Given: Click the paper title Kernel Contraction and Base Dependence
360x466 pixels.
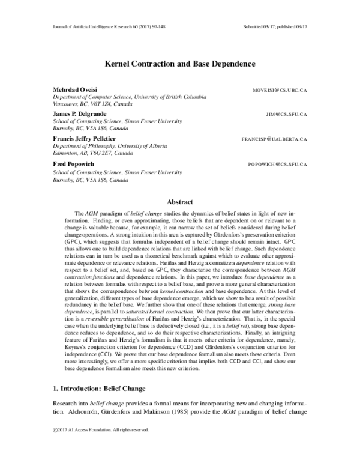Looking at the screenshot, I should point(180,62).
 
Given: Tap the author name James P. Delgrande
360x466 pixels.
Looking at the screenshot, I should point(82,113).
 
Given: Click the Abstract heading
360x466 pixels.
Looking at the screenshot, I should point(180,203).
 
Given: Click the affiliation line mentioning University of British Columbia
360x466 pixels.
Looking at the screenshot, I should point(130,96).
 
